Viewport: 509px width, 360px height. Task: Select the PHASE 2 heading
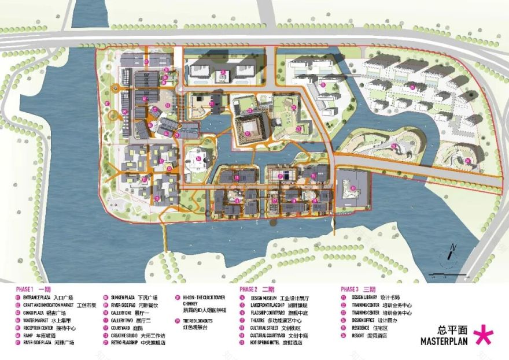coord(248,289)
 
